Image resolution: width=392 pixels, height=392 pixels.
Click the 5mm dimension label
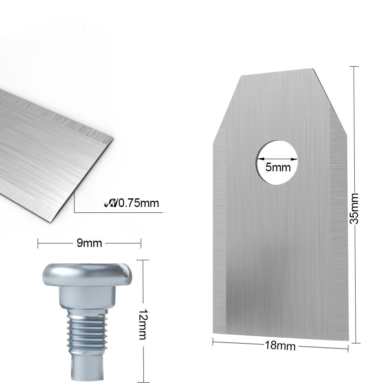[x=278, y=168]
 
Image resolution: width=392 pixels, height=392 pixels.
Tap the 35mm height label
[x=354, y=208]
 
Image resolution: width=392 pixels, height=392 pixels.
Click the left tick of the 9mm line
[x=38, y=243]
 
